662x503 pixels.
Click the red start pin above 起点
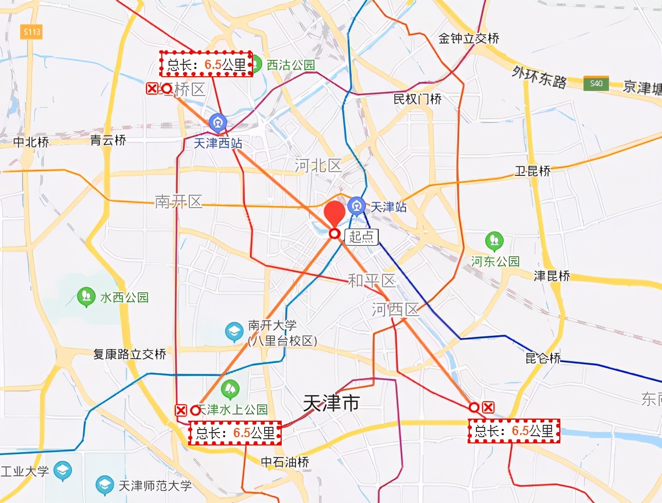point(335,212)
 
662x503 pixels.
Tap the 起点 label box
point(361,236)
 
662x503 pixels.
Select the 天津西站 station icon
point(218,123)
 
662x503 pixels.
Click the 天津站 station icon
point(356,206)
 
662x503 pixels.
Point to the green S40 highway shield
point(596,83)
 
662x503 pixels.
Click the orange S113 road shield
point(31,32)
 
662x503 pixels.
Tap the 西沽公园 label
point(290,65)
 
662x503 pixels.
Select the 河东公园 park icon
point(494,240)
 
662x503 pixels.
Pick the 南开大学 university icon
point(234,332)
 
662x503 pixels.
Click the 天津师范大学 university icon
point(105,485)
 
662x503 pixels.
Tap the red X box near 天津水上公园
point(181,410)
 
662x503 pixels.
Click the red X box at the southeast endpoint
point(488,407)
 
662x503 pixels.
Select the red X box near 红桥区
point(152,88)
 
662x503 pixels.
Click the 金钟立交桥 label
point(469,39)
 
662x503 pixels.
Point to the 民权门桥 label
point(417,99)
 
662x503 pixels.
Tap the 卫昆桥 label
point(532,171)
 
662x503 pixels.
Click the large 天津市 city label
point(331,403)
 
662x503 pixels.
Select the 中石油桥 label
point(285,462)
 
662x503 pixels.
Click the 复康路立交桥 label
point(130,354)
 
